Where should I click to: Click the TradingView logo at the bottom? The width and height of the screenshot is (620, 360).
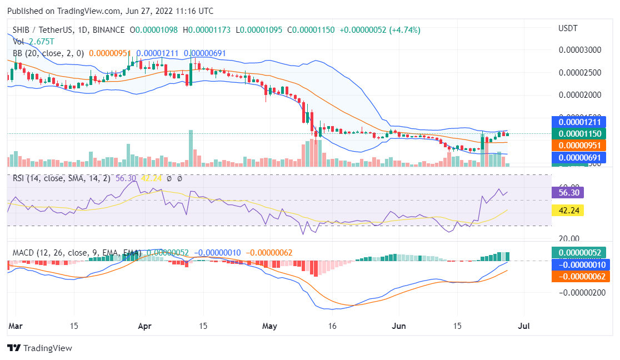39,348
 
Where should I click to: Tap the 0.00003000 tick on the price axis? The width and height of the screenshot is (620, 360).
581,50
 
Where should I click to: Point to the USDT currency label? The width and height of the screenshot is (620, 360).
568,28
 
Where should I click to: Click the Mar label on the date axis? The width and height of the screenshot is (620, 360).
15,327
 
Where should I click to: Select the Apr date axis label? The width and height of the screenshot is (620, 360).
144,327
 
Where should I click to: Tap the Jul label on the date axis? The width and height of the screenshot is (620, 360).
523,327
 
